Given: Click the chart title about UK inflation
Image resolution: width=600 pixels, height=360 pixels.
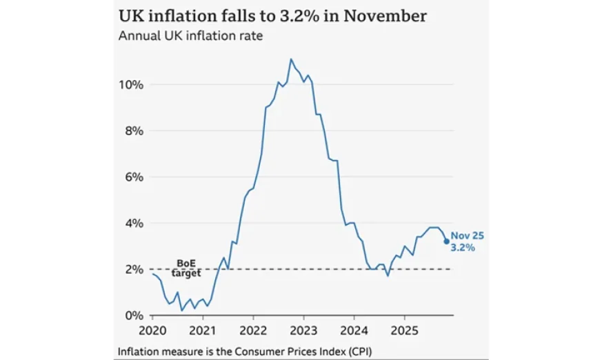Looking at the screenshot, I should [273, 15].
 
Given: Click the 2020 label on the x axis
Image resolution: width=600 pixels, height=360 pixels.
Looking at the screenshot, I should [152, 329].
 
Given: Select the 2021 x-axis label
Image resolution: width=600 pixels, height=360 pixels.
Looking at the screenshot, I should [203, 329].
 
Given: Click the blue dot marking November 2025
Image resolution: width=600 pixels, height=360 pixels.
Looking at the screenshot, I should [446, 241].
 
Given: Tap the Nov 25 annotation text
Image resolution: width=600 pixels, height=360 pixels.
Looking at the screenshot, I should [468, 235].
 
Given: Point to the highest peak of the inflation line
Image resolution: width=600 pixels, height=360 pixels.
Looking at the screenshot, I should [291, 59].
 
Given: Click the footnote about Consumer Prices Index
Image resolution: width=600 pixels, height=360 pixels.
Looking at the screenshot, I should [250, 349].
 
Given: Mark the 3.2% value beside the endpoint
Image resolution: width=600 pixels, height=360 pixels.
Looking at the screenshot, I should [463, 247].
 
